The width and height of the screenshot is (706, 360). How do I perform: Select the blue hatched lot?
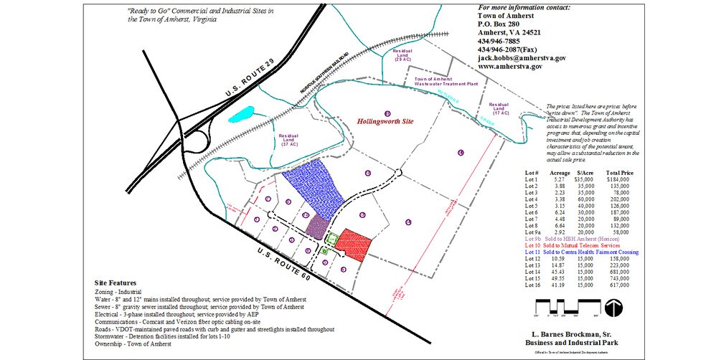tap(313, 190)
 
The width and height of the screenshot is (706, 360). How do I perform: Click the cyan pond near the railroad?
tap(243, 115)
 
